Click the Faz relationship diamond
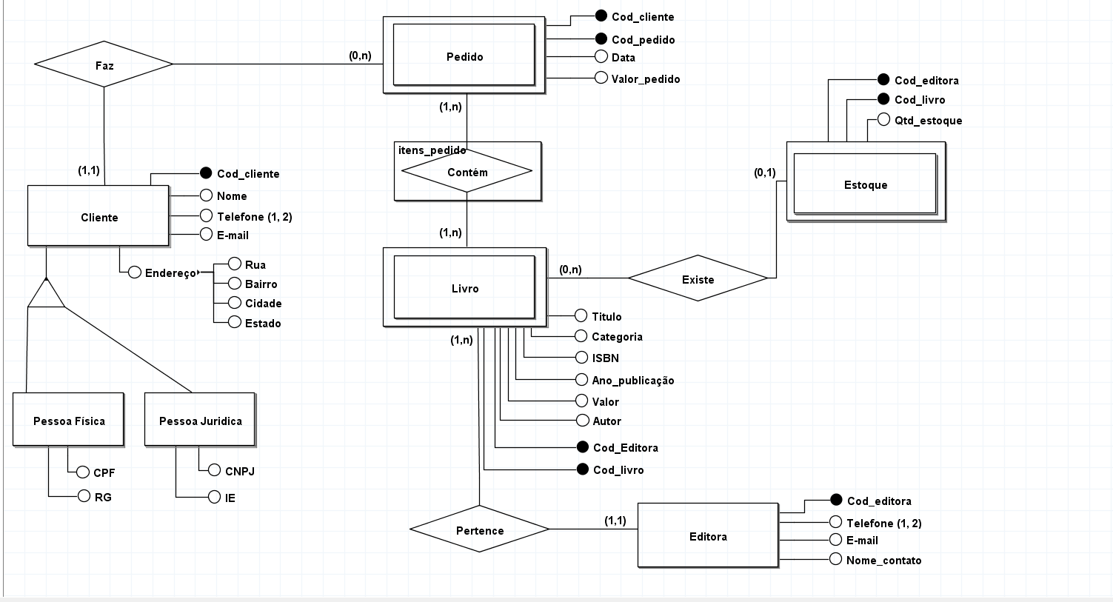point(104,64)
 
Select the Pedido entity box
point(464,56)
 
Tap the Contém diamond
point(467,172)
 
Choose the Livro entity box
point(464,288)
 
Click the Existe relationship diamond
point(698,279)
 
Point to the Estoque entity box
point(865,184)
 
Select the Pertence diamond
point(479,529)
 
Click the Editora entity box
point(707,536)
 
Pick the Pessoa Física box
point(68,421)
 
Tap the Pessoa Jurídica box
point(200,421)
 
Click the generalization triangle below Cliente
point(46,295)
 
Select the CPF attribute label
point(104,472)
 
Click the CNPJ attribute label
point(239,471)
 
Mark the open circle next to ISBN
point(581,358)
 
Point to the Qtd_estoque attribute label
point(928,120)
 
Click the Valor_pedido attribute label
point(645,78)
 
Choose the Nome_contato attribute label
point(883,561)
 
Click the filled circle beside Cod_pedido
point(601,39)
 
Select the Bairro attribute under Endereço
point(261,284)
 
